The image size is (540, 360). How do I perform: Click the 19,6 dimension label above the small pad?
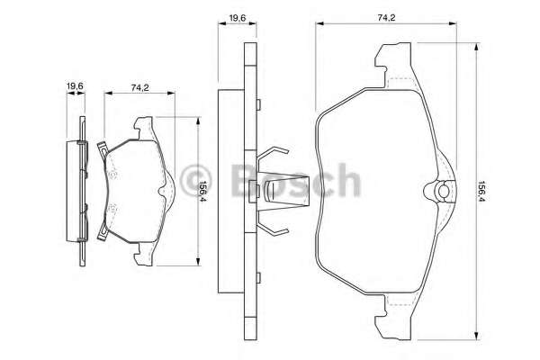coord(75,85)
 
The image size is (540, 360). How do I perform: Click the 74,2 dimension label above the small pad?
coord(139,87)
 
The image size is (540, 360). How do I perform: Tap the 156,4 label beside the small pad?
coord(203,191)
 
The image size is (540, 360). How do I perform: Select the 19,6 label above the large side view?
coord(237,18)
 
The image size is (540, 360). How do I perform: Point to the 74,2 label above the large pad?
coord(386,18)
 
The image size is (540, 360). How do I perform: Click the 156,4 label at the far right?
coord(482,192)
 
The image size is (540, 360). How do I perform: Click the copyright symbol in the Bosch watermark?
coord(196,181)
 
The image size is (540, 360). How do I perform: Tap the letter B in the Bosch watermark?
coord(244,180)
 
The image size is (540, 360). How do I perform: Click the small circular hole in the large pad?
coord(443,191)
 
